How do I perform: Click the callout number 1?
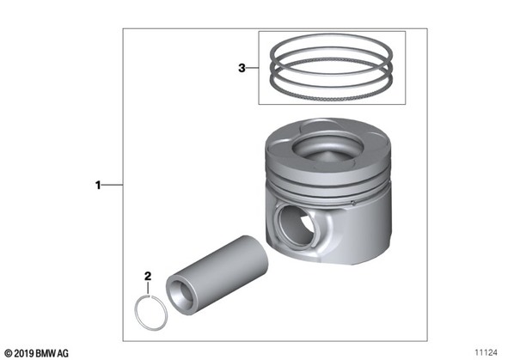pyautogui.click(x=98, y=186)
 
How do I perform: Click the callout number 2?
pyautogui.click(x=148, y=276)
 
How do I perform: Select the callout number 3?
pyautogui.click(x=242, y=68)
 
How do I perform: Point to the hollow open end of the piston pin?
pyautogui.click(x=180, y=296)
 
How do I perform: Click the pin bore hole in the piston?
pyautogui.click(x=297, y=225)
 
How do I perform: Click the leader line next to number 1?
pyautogui.click(x=112, y=186)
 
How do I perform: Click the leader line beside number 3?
pyautogui.click(x=253, y=68)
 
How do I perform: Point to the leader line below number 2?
pyautogui.click(x=148, y=288)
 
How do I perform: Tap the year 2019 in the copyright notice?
pyautogui.click(x=24, y=354)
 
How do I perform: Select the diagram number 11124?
pyautogui.click(x=486, y=353)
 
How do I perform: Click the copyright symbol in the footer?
pyautogui.click(x=9, y=354)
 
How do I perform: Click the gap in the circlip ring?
pyautogui.click(x=150, y=296)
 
